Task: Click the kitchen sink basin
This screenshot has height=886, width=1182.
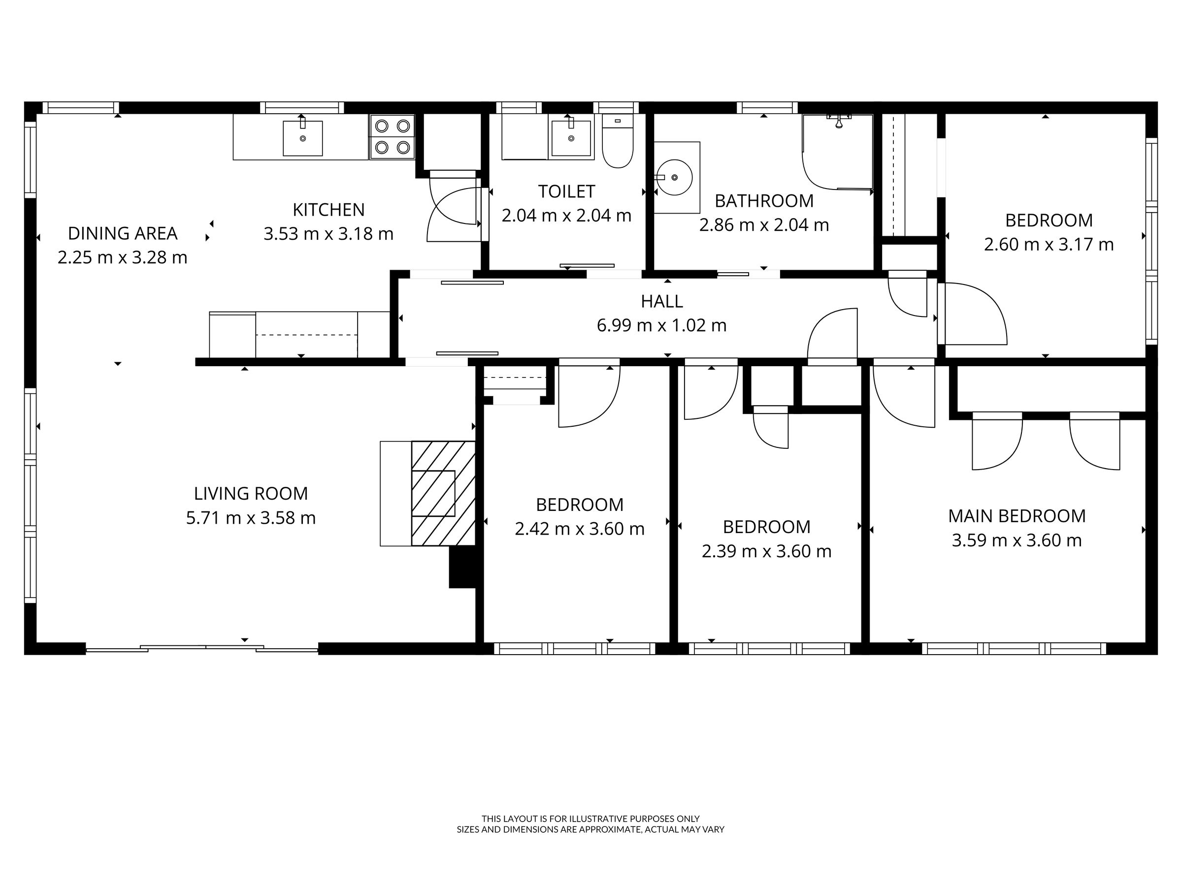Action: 302,138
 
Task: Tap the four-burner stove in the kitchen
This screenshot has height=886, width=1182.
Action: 392,137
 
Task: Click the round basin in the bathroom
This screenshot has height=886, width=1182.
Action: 674,177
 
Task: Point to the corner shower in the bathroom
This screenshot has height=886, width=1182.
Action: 837,152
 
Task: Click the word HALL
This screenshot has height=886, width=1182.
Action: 661,302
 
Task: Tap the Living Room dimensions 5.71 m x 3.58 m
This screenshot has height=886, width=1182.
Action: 251,518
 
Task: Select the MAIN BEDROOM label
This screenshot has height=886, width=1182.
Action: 1017,516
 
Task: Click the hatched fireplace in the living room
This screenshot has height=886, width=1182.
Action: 443,494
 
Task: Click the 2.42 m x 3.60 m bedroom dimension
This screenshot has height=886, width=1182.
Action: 580,529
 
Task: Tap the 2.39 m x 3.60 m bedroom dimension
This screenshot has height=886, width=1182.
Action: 767,551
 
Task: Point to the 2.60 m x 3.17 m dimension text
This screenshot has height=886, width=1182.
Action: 1049,245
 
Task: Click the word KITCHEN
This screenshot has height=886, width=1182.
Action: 328,210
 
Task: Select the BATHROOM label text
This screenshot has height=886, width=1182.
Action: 764,201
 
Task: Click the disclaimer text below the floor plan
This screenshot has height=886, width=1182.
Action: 591,824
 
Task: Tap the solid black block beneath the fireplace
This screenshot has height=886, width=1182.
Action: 462,567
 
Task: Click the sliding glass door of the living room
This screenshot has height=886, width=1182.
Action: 202,649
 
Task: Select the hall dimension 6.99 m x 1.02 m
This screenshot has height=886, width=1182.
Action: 661,325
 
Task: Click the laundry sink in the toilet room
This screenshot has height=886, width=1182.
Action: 571,138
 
